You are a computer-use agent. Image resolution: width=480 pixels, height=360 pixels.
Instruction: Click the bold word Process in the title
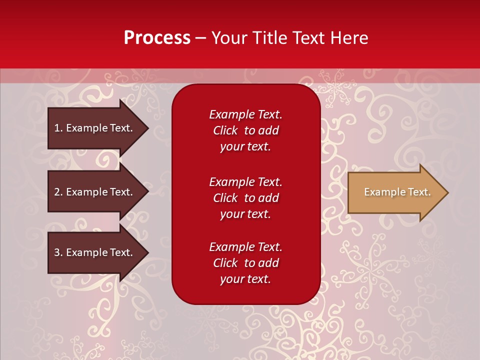(x=157, y=38)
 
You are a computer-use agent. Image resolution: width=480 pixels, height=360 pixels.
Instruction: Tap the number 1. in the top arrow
(x=58, y=128)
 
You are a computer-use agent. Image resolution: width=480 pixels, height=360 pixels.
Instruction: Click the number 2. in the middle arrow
(x=58, y=192)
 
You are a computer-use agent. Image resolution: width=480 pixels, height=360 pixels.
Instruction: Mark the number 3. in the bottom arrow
(x=58, y=252)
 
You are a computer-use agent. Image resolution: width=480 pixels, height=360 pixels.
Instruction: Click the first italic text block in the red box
(x=245, y=130)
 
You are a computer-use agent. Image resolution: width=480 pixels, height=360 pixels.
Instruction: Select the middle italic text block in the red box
(x=245, y=198)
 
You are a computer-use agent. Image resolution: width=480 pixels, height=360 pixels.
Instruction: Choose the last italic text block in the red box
(x=245, y=263)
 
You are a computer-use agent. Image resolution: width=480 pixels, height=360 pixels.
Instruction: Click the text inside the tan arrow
(x=397, y=192)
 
